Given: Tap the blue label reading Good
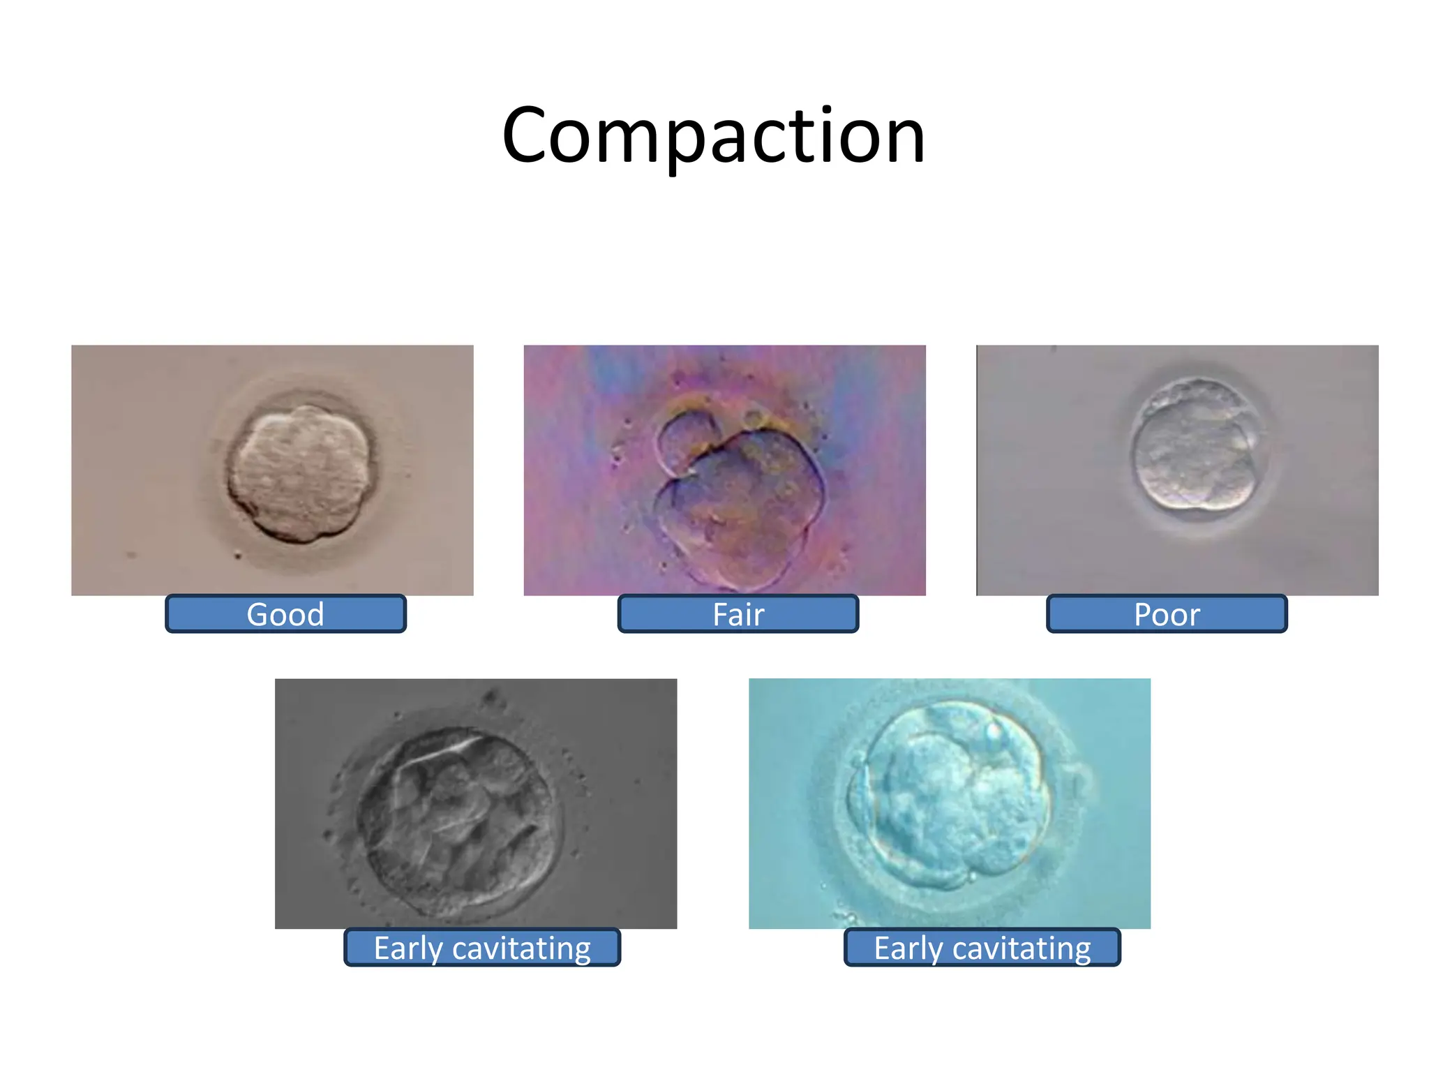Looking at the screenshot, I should [285, 614].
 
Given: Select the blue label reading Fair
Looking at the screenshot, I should [738, 614].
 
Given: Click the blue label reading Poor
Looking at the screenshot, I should [1167, 614].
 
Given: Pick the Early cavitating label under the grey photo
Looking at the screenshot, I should [482, 948].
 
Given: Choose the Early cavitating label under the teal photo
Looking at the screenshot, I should [982, 948].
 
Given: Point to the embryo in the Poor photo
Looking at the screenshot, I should [1195, 445].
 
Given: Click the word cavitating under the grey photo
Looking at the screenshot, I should [521, 948].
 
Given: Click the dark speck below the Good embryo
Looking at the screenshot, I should [238, 556].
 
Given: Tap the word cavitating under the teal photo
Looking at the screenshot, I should [1022, 948].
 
